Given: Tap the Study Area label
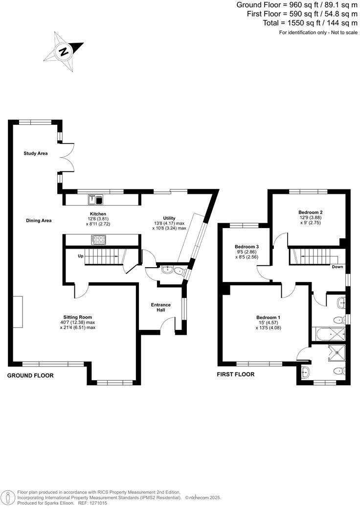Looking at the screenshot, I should [x=36, y=154].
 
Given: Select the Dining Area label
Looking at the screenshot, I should [x=39, y=221].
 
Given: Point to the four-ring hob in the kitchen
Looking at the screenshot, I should [x=98, y=240].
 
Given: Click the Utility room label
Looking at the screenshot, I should [x=169, y=218].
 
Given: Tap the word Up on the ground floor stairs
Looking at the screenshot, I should [x=81, y=256].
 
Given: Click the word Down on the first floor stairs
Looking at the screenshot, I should [x=337, y=267].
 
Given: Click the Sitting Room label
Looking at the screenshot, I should [x=77, y=317].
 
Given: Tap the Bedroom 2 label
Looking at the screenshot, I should [x=311, y=212].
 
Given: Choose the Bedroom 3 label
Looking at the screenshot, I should [x=247, y=246].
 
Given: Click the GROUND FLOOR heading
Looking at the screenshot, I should [x=30, y=375].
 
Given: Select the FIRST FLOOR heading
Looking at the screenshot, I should [x=236, y=374].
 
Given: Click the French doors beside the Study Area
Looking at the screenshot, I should [x=67, y=157].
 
